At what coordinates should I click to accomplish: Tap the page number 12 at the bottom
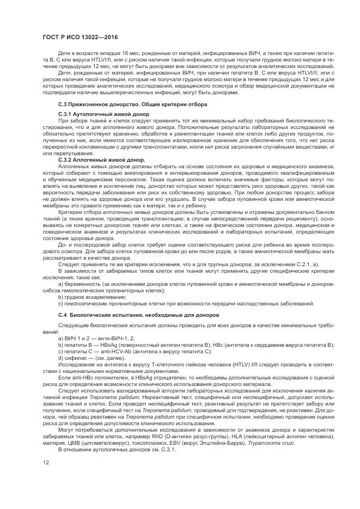click(45, 462)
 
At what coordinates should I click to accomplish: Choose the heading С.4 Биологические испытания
click(131, 315)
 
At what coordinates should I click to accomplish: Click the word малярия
click(55, 443)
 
